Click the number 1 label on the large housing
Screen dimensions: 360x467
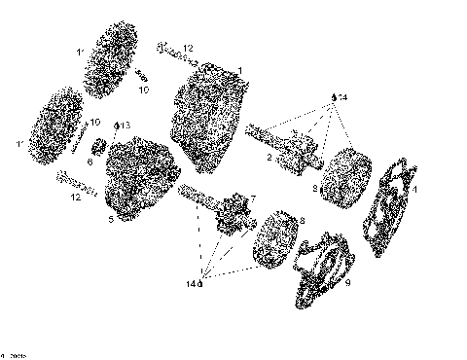[x=240, y=70]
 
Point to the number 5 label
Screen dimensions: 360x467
[x=111, y=220]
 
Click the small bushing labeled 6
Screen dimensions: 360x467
[x=99, y=149]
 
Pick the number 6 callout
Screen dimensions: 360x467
[x=90, y=162]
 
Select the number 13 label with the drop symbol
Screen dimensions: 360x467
[x=124, y=126]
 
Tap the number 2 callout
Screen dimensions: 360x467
[x=269, y=157]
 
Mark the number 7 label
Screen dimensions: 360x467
[x=252, y=199]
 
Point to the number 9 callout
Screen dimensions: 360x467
[x=348, y=284]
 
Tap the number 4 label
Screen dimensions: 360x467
[x=414, y=191]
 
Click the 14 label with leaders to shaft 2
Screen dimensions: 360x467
[x=340, y=98]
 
